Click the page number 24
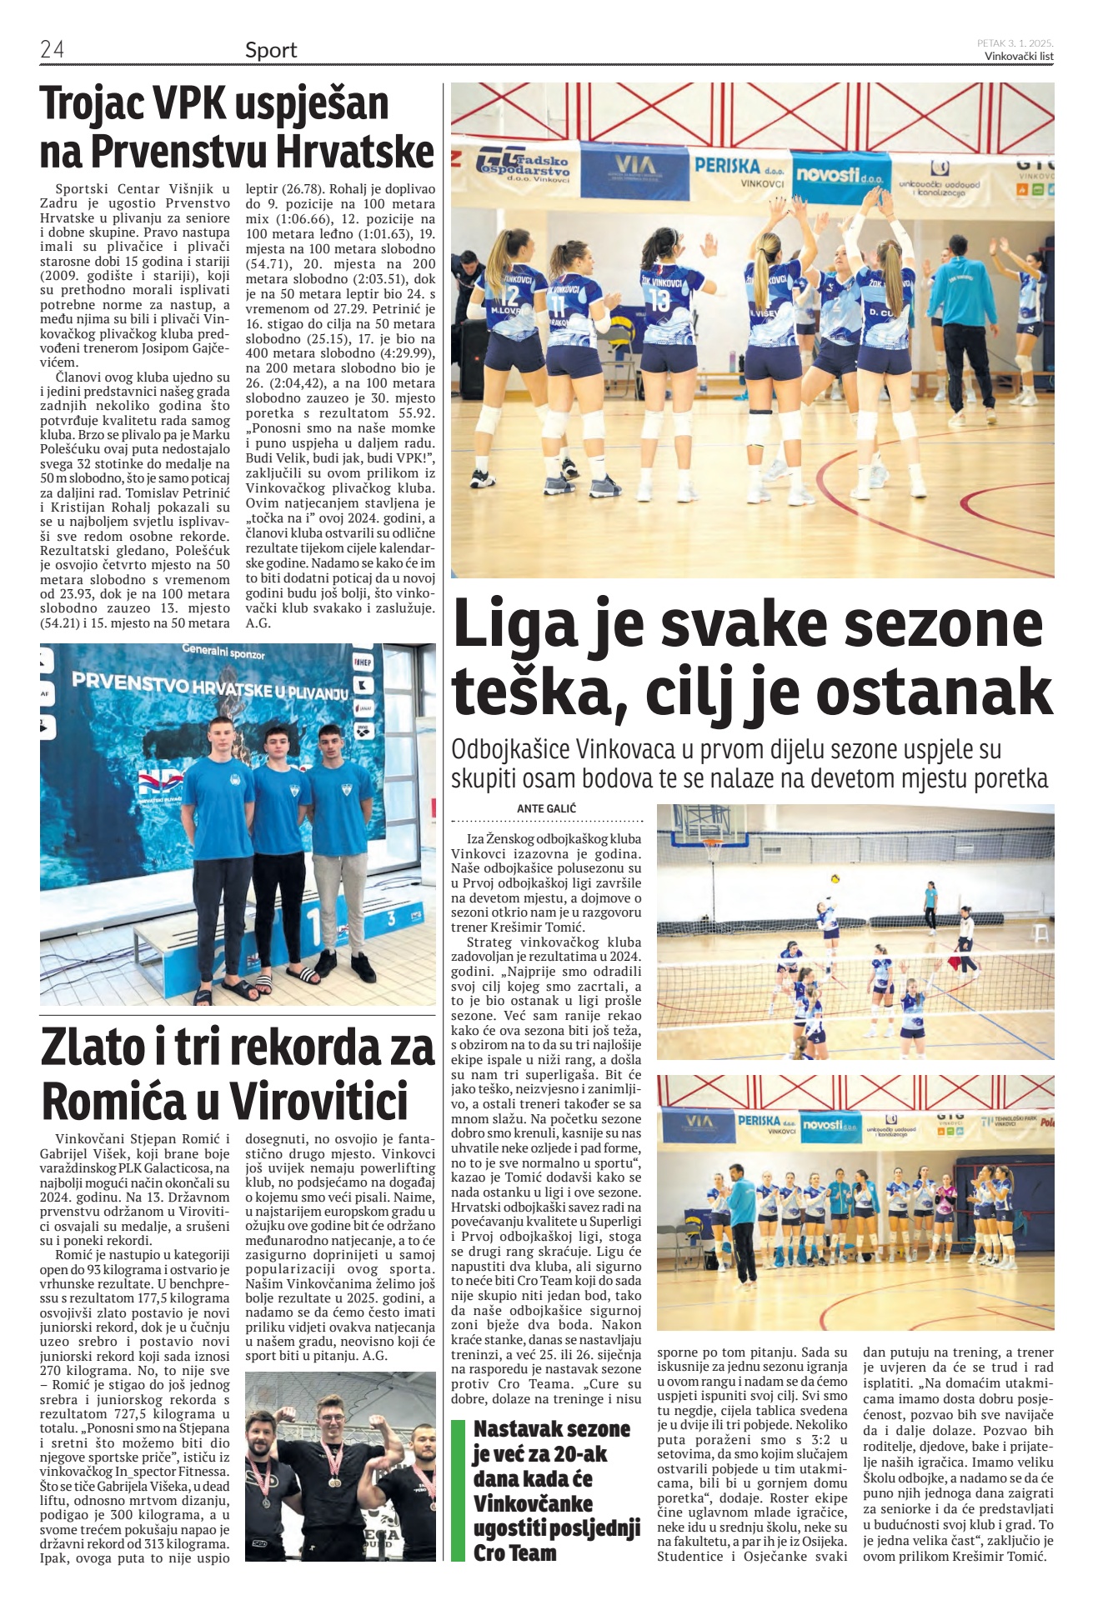[52, 50]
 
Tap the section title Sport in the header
[271, 50]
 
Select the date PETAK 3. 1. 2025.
[1015, 42]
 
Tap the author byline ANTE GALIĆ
[546, 808]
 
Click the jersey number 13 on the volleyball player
[659, 300]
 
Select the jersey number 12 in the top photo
[509, 296]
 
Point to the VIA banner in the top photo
[634, 167]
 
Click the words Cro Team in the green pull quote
[514, 1552]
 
